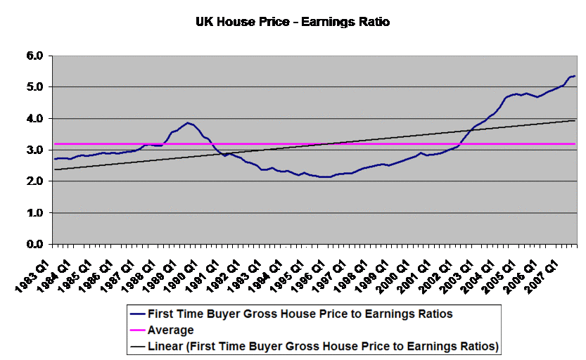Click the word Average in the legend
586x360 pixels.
click(170, 330)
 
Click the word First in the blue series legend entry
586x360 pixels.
click(160, 314)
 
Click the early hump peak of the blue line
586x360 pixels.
click(187, 123)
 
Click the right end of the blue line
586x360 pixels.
click(575, 76)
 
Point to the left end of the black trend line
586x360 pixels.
click(55, 169)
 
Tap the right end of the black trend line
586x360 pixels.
click(575, 120)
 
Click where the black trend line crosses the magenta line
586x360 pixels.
click(325, 144)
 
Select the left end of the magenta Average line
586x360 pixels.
click(55, 144)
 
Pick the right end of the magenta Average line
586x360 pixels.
click(575, 144)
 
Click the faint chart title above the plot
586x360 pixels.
click(293, 22)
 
